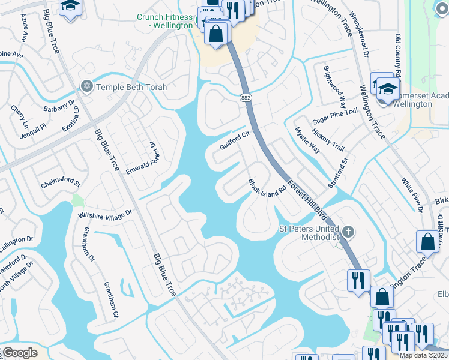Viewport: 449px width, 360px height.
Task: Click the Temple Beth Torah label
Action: [131, 87]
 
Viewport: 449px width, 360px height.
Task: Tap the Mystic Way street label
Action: [307, 140]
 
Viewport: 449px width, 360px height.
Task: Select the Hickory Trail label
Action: [330, 139]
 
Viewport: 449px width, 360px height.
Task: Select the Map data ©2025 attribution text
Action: [423, 355]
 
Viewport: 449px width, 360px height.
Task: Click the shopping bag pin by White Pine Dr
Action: [427, 242]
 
